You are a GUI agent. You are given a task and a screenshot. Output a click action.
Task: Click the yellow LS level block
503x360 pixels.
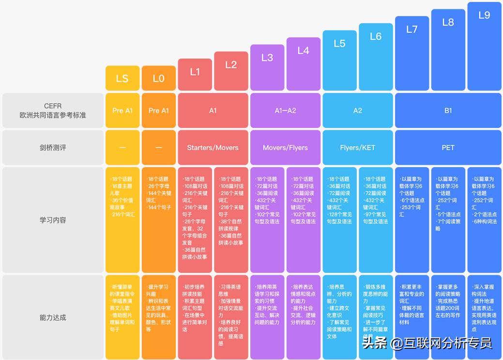tap(122, 78)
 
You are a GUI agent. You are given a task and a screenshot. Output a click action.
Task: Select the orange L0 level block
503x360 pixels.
tap(159, 78)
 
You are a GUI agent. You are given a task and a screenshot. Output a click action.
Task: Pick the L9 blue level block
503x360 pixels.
tap(484, 46)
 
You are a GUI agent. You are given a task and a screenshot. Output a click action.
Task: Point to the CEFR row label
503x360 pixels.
tap(53, 110)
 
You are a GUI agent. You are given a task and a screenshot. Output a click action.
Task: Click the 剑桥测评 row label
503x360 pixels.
tap(53, 147)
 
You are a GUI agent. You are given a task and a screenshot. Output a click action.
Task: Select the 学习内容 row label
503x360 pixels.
tap(53, 219)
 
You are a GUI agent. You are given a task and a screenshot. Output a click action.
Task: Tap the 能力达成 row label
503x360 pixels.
tap(53, 317)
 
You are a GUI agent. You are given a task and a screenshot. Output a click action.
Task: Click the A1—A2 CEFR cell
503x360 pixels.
tap(285, 110)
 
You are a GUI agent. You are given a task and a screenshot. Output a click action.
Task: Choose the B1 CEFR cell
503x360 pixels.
tap(448, 110)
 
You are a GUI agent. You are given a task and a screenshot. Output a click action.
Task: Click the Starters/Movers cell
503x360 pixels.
tap(213, 147)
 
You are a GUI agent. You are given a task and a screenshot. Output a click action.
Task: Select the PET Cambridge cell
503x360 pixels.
tap(448, 147)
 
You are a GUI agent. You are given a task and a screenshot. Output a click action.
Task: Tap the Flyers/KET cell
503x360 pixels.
tap(358, 147)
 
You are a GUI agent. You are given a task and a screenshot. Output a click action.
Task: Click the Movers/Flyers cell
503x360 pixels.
tap(285, 147)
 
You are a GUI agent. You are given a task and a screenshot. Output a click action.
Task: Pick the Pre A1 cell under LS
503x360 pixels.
tap(122, 110)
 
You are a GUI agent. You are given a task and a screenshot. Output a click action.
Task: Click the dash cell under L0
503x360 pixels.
tap(159, 147)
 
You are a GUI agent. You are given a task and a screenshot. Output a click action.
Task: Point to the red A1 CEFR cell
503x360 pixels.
tap(213, 110)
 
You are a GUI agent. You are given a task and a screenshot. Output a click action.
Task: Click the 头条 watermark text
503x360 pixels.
tap(375, 343)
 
